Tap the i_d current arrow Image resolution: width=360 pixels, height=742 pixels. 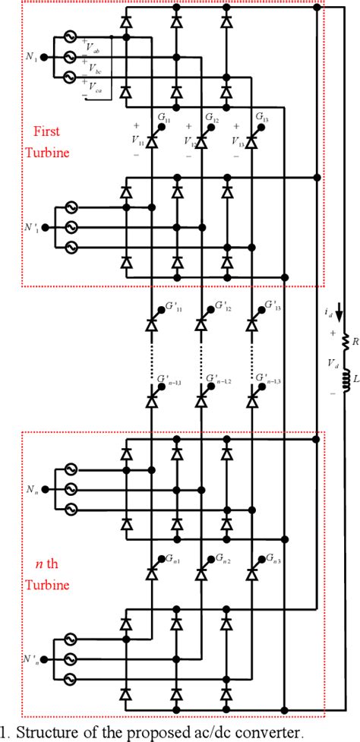tap(339, 314)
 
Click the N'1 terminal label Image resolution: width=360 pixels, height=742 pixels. tap(30, 227)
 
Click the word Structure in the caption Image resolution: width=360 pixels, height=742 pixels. tap(43, 732)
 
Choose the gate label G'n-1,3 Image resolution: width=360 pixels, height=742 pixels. tap(271, 377)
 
